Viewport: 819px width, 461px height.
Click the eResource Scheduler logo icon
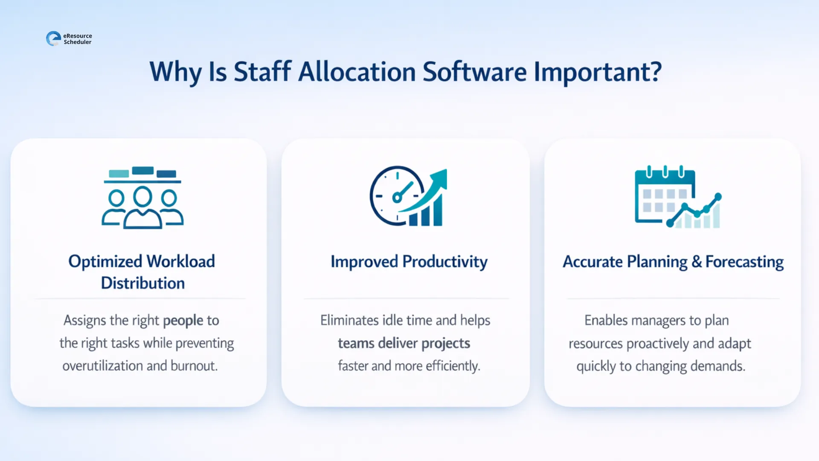(x=53, y=38)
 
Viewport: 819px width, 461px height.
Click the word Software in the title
(x=474, y=72)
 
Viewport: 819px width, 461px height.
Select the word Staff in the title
(x=262, y=72)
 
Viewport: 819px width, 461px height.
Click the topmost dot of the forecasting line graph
(x=718, y=196)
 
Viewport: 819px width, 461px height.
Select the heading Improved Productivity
(x=409, y=262)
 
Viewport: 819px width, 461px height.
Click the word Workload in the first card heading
(x=180, y=262)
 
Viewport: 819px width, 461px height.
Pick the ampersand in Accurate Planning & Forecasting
(x=696, y=262)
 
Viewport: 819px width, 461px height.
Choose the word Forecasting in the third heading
(x=744, y=262)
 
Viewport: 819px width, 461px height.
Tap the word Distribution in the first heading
(x=143, y=283)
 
